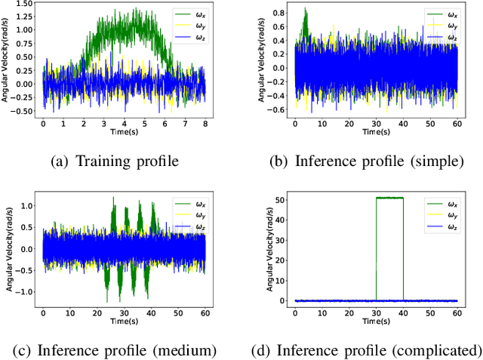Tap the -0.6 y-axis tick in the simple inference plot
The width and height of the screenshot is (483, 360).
[x=279, y=109]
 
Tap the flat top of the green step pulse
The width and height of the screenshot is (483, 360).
[x=389, y=198]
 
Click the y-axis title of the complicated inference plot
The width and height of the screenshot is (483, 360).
[x=269, y=248]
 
